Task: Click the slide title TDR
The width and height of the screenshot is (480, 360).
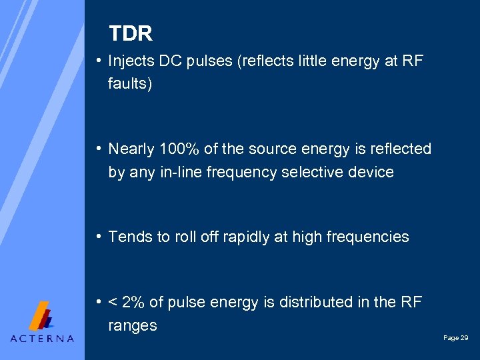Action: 131,33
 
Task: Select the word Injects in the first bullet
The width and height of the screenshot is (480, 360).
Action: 131,62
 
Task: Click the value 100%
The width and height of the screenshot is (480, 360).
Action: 181,149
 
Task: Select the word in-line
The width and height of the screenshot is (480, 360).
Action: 182,172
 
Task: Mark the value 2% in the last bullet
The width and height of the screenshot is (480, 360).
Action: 133,302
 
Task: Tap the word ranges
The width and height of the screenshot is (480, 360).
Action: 133,326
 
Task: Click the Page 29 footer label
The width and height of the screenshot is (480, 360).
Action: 455,339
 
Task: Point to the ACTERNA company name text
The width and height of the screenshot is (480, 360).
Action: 42,339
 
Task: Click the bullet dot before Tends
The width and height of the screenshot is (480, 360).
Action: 99,237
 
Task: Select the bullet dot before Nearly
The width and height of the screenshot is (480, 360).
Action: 99,149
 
